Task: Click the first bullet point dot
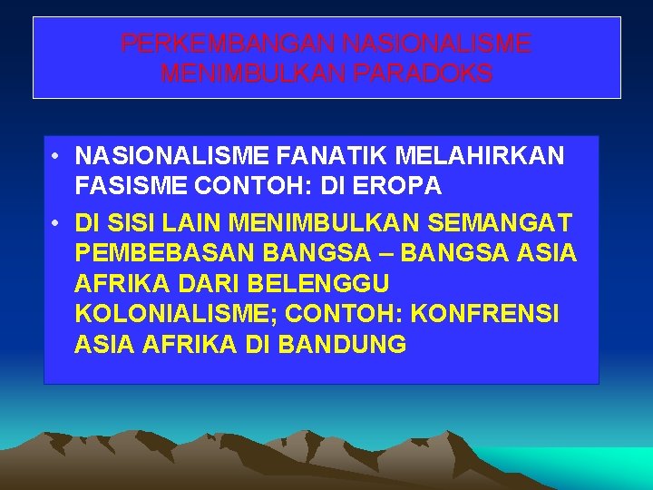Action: (x=56, y=155)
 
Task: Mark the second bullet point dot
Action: (x=56, y=220)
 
